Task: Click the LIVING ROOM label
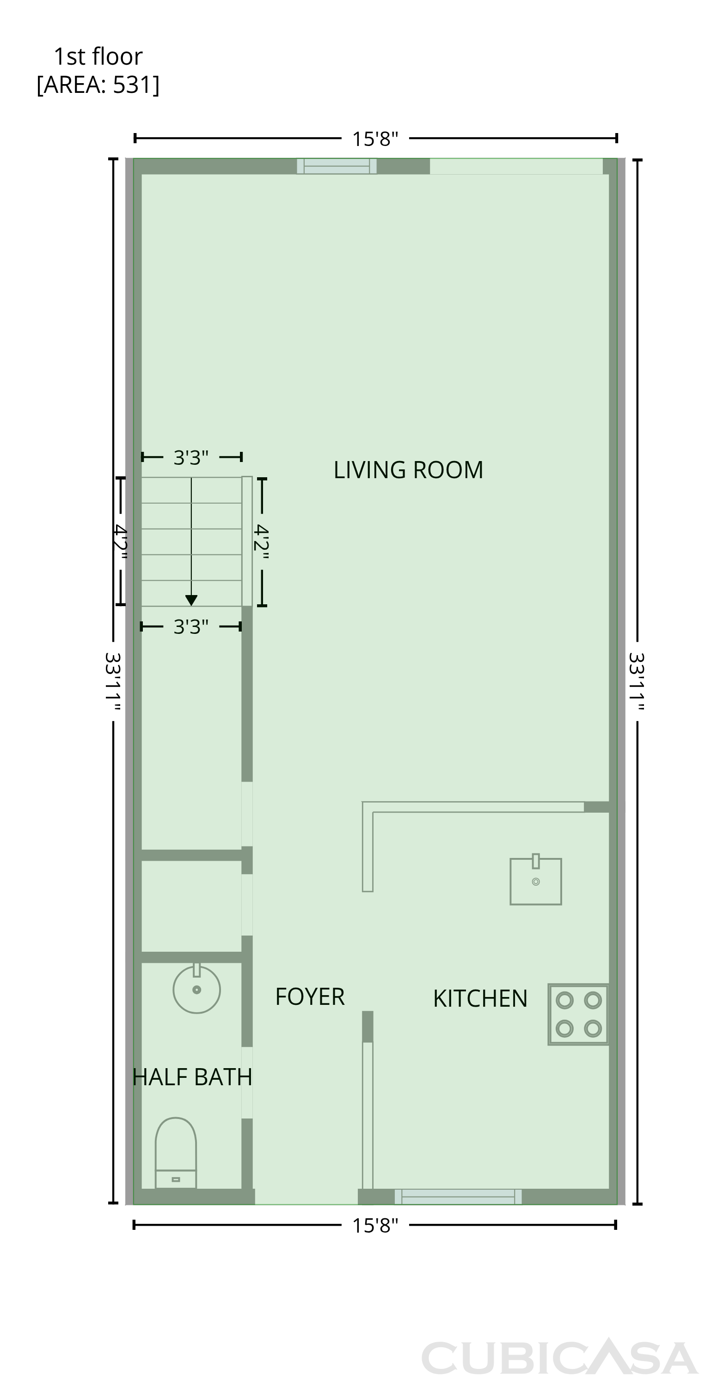click(x=408, y=470)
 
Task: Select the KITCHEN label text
click(x=480, y=998)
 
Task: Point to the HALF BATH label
click(x=192, y=1076)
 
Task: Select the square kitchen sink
click(x=535, y=880)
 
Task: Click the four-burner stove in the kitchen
click(x=578, y=1014)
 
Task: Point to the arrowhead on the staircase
click(x=191, y=601)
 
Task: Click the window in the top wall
click(x=337, y=166)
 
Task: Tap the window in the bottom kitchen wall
click(x=458, y=1197)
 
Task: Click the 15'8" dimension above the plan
click(x=375, y=139)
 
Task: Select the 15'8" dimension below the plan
click(x=375, y=1226)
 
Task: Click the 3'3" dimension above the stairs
click(x=190, y=457)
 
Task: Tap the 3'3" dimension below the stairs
click(x=190, y=627)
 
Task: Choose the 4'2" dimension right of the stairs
click(x=261, y=541)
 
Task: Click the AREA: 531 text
click(x=98, y=85)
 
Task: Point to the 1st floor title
click(x=98, y=56)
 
